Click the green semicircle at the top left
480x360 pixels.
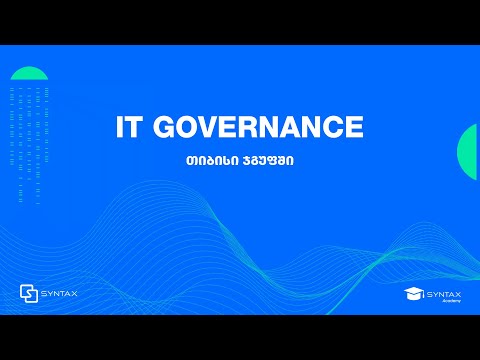[30, 73]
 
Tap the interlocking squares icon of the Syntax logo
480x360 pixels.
[30, 293]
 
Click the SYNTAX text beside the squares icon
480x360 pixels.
[60, 293]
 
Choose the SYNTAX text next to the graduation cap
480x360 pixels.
[444, 292]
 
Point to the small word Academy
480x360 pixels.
[450, 301]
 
